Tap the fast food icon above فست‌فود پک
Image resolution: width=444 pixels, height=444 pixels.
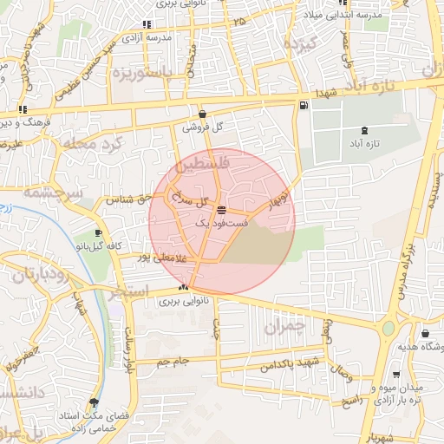[x=221, y=210]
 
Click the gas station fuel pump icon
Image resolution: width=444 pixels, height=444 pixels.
[x=301, y=106]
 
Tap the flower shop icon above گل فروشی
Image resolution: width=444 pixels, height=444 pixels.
[x=202, y=114]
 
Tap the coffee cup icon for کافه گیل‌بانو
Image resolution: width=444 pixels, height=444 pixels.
[x=98, y=233]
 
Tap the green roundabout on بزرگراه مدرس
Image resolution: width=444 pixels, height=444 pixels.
[x=387, y=329]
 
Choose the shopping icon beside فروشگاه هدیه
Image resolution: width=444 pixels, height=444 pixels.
[x=424, y=334]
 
